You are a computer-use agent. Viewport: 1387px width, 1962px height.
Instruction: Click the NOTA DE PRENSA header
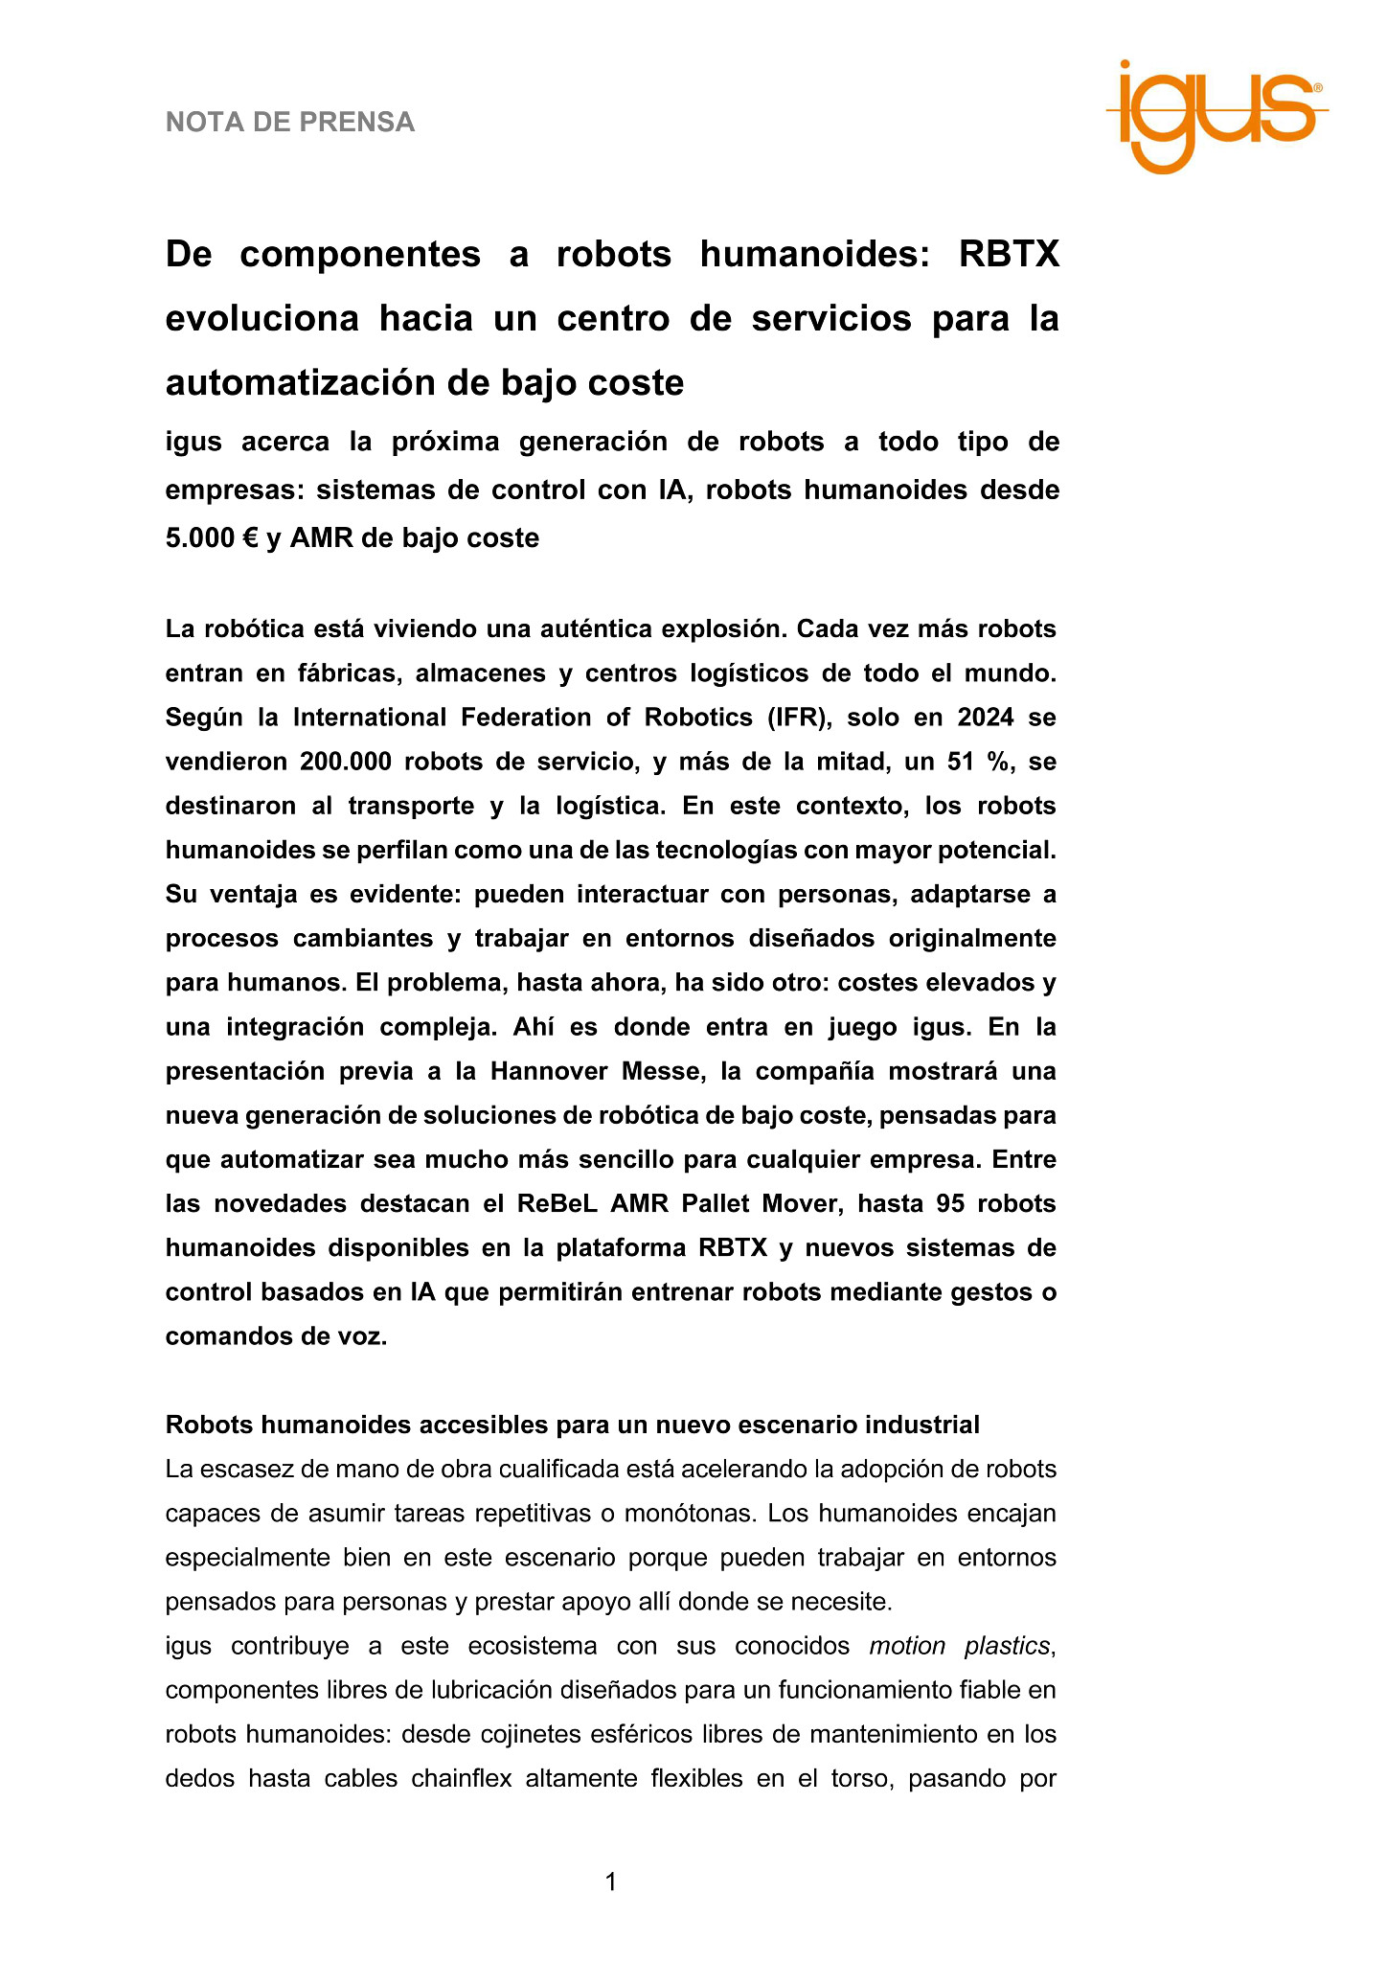[290, 123]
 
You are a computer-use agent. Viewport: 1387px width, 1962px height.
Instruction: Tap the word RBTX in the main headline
[1009, 255]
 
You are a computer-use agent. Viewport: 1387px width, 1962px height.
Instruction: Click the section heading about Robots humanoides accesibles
[572, 1425]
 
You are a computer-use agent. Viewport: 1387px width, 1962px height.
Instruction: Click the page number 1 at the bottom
[610, 1882]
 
